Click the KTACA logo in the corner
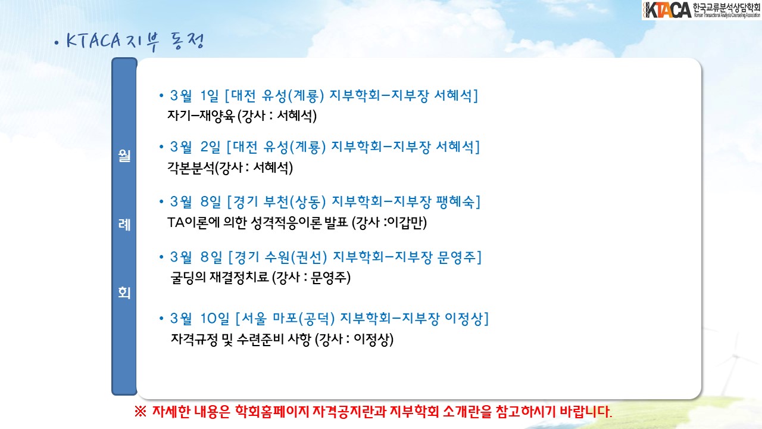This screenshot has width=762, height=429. point(701,10)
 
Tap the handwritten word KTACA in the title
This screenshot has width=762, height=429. point(93,41)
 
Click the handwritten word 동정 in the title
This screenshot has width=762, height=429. point(188,42)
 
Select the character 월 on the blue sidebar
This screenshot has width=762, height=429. point(124,156)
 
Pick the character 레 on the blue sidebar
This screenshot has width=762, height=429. point(124,225)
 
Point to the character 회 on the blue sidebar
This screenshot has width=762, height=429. point(124,293)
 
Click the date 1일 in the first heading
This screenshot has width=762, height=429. point(209,96)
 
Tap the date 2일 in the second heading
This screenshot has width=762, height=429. point(210,147)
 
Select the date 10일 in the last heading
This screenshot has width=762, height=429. point(215,319)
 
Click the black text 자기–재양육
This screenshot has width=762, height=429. point(201,116)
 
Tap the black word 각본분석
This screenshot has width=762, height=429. point(191,167)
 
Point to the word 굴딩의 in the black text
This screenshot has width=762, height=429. point(188,278)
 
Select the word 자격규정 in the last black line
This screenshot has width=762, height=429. point(194,340)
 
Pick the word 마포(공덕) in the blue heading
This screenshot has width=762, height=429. point(304,319)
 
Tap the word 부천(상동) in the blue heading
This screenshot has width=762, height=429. point(295,202)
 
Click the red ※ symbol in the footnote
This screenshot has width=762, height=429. point(140,412)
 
